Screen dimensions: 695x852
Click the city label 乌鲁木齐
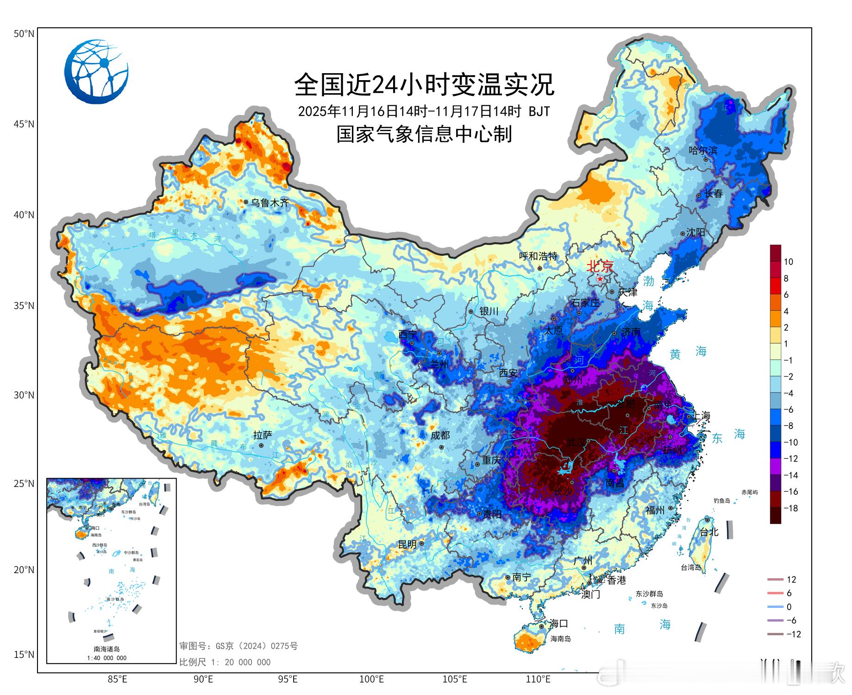click(x=269, y=202)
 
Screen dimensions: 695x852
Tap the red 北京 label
click(x=600, y=266)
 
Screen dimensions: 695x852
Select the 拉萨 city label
click(x=263, y=435)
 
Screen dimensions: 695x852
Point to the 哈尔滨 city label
click(x=703, y=150)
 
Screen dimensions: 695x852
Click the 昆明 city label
click(x=407, y=544)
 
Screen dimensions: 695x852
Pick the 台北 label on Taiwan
click(x=708, y=532)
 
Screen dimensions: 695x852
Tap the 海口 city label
click(x=558, y=624)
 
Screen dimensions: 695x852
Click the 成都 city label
click(x=440, y=435)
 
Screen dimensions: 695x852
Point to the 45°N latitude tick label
click(x=24, y=124)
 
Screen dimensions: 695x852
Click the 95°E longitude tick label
click(x=288, y=679)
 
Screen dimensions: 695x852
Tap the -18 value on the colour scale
click(x=790, y=508)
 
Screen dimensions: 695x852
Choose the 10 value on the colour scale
click(x=788, y=262)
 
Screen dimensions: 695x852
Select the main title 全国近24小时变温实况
click(x=424, y=84)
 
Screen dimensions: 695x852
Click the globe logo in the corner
click(x=96, y=71)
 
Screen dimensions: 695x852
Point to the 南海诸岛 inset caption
click(x=106, y=649)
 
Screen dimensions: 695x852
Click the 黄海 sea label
click(x=688, y=353)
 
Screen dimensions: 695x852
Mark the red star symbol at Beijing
click(x=600, y=279)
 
